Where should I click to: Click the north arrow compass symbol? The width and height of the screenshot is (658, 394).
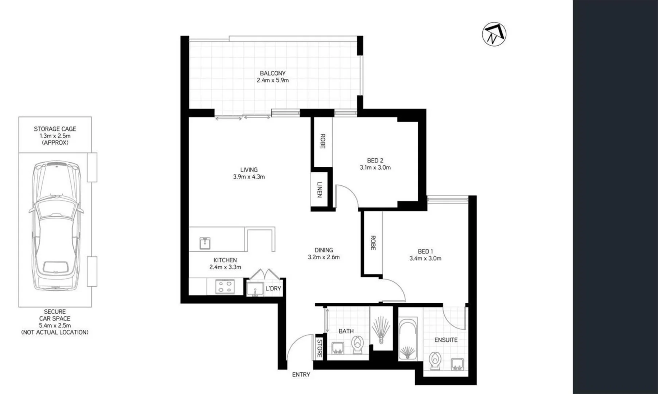(494, 34)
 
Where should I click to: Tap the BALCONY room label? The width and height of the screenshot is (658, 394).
(272, 73)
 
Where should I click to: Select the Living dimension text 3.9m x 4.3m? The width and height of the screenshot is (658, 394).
(249, 177)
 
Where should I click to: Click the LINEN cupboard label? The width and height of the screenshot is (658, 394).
(319, 190)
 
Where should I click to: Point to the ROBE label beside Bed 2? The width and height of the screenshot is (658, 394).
(323, 141)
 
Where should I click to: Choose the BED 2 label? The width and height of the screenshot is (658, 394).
(375, 161)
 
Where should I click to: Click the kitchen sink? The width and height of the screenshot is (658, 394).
(205, 243)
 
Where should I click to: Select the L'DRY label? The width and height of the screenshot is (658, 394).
(273, 289)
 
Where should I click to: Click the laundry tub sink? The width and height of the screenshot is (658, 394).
(255, 289)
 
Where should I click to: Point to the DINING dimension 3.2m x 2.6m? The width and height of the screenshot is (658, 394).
(323, 257)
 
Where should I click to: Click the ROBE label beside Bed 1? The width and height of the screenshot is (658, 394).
(373, 243)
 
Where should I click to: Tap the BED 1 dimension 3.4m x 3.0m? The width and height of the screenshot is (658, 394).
(425, 258)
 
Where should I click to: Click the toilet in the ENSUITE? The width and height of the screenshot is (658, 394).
(435, 361)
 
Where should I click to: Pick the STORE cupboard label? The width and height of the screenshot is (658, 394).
(319, 348)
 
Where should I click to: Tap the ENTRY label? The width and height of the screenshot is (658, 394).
(301, 375)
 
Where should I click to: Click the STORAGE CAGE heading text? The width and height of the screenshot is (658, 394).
(55, 129)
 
